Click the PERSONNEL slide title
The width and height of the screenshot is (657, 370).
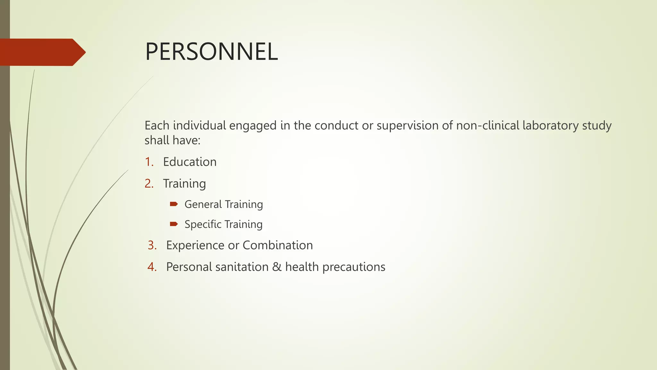[211, 52]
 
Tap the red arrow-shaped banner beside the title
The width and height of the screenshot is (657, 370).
[42, 52]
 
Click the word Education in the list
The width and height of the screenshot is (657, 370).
[190, 162]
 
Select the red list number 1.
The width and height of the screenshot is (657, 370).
[149, 162]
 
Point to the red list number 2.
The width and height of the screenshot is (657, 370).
[149, 184]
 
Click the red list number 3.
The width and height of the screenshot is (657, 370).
[152, 245]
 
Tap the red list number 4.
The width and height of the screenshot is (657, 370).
[152, 267]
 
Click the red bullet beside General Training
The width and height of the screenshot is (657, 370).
[174, 204]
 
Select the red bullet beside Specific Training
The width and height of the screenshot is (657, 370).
[174, 224]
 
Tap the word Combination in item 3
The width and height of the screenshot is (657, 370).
[277, 245]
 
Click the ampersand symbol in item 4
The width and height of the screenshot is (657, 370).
[277, 267]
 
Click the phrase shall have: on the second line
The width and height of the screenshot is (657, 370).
[172, 140]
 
